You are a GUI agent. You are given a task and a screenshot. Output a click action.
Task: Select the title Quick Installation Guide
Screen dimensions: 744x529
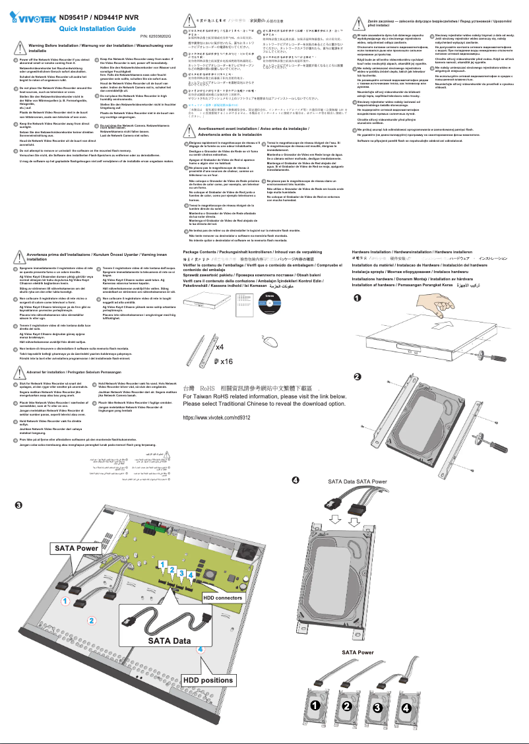click(98, 29)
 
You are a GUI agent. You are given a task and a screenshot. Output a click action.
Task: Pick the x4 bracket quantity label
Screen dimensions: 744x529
click(223, 346)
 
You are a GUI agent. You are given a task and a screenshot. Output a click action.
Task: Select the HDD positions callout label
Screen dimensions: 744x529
click(207, 680)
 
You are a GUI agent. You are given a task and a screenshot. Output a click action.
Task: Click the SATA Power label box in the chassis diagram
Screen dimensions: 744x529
click(76, 547)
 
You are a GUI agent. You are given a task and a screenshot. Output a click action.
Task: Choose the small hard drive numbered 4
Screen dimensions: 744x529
click(406, 707)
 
